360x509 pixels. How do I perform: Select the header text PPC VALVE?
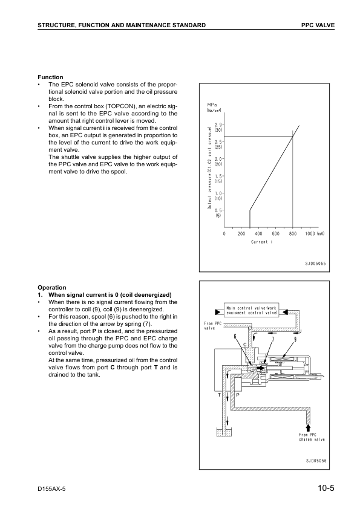pyautogui.click(x=318, y=24)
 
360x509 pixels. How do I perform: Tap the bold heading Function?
pyautogui.click(x=50, y=77)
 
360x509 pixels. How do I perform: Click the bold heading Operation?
pyautogui.click(x=52, y=287)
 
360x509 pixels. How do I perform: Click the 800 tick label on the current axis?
pyautogui.click(x=293, y=233)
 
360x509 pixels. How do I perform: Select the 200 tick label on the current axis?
pyautogui.click(x=241, y=233)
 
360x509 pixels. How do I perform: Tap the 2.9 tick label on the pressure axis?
pyautogui.click(x=218, y=125)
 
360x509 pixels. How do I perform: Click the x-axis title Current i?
pyautogui.click(x=262, y=242)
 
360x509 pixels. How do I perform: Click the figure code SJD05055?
pyautogui.click(x=315, y=264)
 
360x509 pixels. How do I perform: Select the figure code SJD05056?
pyautogui.click(x=315, y=459)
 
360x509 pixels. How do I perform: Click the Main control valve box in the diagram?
pyautogui.click(x=252, y=310)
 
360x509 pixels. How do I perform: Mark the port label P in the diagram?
pyautogui.click(x=237, y=394)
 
